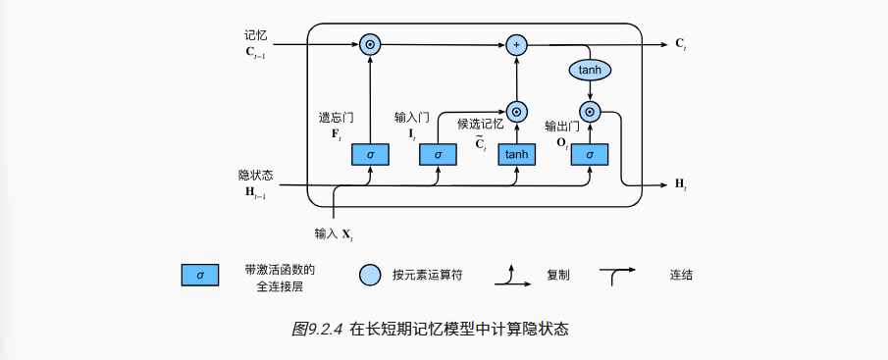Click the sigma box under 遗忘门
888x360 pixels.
[370, 155]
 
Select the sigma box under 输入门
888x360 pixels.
[438, 155]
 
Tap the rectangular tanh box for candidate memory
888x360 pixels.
[516, 155]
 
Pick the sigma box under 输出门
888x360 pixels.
[590, 155]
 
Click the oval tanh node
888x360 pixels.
[590, 71]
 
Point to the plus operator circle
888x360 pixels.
[516, 44]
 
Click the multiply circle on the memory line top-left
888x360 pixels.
[370, 44]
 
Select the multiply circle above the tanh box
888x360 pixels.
[516, 111]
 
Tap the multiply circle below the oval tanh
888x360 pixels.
[590, 111]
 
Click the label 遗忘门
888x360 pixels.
[336, 117]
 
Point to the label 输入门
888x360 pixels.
[411, 117]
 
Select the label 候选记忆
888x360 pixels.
[480, 125]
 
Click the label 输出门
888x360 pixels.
[562, 127]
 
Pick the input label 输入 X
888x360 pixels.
[334, 233]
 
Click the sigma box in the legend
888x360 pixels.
[200, 276]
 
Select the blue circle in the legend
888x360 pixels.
[369, 276]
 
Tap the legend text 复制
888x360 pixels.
[558, 276]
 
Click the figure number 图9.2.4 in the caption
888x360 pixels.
[317, 330]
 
